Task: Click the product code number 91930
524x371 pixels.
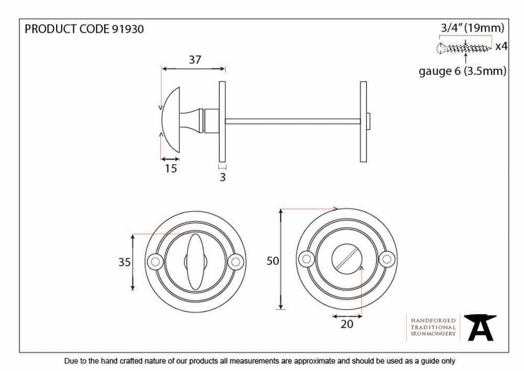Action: pos(128,29)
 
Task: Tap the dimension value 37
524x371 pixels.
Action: pos(195,60)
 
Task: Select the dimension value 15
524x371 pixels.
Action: pos(171,168)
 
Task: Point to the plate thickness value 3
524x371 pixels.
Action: pos(223,177)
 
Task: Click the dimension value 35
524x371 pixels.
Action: pos(124,262)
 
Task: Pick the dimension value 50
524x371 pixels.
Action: pos(272,261)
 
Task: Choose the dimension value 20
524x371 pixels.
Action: pos(347,324)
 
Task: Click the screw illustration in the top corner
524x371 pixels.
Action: pos(464,48)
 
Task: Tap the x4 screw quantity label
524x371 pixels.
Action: pos(501,46)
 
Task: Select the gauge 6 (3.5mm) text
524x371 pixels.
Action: pos(463,71)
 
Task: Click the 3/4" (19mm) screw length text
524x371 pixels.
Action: pos(473,28)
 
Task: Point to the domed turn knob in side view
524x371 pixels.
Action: pos(171,120)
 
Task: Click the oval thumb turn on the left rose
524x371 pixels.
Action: pos(195,262)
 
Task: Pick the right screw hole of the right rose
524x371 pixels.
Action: pos(387,259)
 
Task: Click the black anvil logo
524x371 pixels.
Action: pos(481,328)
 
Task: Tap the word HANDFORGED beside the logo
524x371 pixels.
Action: pos(433,321)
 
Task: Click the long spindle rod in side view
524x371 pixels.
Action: pos(293,121)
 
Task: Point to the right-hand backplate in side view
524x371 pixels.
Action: pos(363,122)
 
